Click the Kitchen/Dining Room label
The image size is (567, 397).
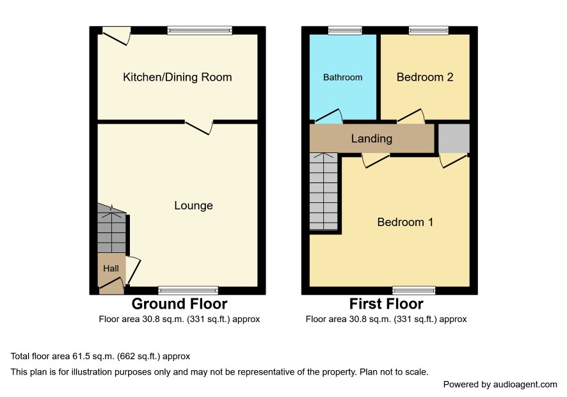tap(177, 77)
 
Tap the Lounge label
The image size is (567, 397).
tap(193, 206)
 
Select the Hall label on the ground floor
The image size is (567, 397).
tap(111, 268)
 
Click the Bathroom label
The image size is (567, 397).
tap(343, 77)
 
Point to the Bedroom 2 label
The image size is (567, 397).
tap(425, 77)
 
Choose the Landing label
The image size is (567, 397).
tap(372, 138)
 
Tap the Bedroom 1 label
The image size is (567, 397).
tap(405, 222)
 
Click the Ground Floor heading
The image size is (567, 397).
tap(179, 304)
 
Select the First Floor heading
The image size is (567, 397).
tap(386, 304)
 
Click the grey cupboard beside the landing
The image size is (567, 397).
tap(454, 138)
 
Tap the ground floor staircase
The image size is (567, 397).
tap(112, 228)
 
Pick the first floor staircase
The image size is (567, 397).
tap(324, 191)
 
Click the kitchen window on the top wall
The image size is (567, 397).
tap(200, 30)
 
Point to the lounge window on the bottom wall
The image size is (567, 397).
tap(188, 290)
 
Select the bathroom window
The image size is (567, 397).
tap(345, 30)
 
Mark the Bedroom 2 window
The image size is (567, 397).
tap(429, 30)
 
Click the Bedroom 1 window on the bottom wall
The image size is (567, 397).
tap(414, 290)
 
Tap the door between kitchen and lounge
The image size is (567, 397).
tap(198, 128)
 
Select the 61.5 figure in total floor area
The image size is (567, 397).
tap(81, 357)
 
